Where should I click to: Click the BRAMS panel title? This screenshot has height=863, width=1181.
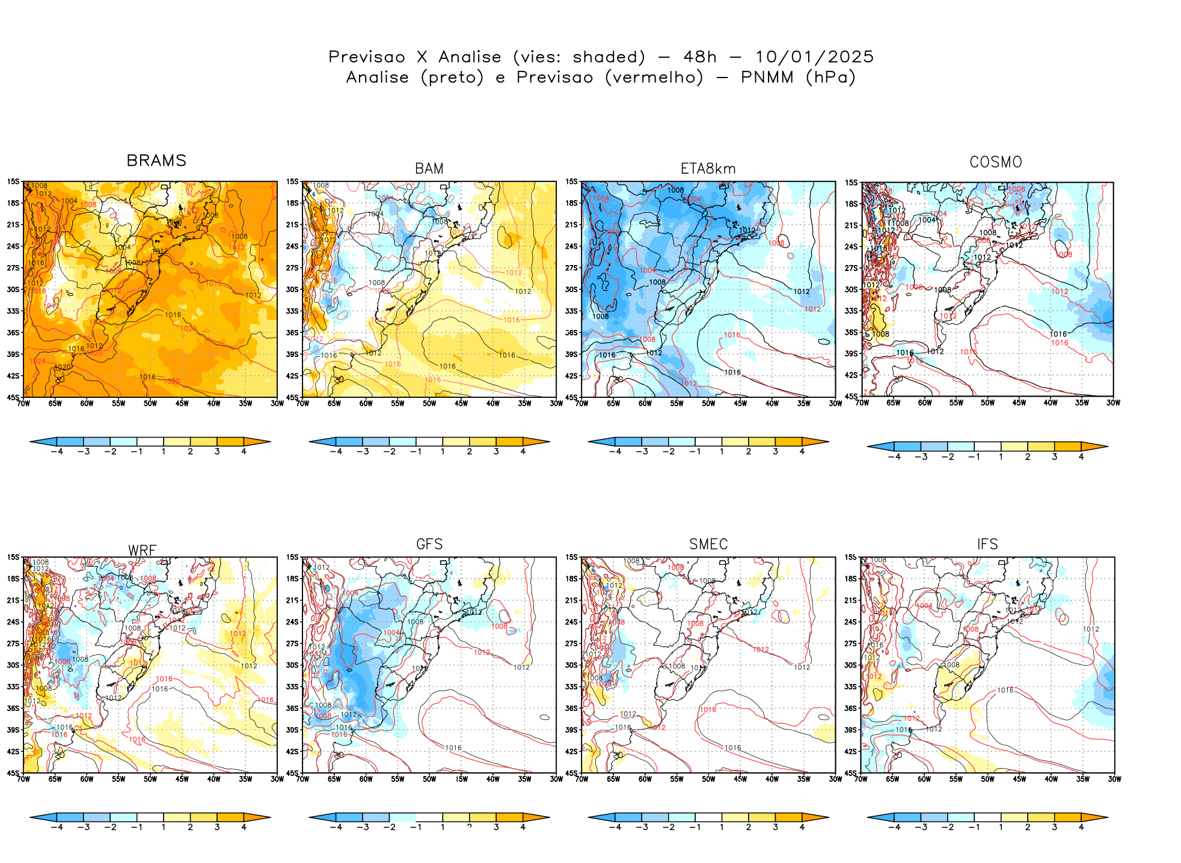156,160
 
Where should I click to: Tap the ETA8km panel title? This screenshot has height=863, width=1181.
708,169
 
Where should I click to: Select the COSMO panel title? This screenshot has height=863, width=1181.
996,162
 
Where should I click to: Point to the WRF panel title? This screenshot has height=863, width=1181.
143,550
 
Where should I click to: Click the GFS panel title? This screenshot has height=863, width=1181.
429,544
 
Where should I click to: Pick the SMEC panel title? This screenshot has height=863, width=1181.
708,544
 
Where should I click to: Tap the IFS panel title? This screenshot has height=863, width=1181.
987,544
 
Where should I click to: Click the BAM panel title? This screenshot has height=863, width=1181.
429,169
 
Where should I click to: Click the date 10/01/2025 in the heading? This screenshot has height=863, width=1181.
814,57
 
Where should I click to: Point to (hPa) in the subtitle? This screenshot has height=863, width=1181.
830,78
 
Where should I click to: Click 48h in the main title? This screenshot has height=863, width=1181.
700,57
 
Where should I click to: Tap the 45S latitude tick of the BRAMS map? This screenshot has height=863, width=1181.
13,397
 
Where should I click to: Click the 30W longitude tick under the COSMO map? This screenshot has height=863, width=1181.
1113,403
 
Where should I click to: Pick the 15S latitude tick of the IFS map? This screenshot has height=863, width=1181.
850,557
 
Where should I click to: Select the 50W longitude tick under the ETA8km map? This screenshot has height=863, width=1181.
708,403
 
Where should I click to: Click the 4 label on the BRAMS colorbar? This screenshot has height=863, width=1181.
244,451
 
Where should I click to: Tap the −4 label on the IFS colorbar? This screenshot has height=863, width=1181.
894,827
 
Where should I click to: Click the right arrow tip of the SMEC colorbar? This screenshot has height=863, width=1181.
827,817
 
